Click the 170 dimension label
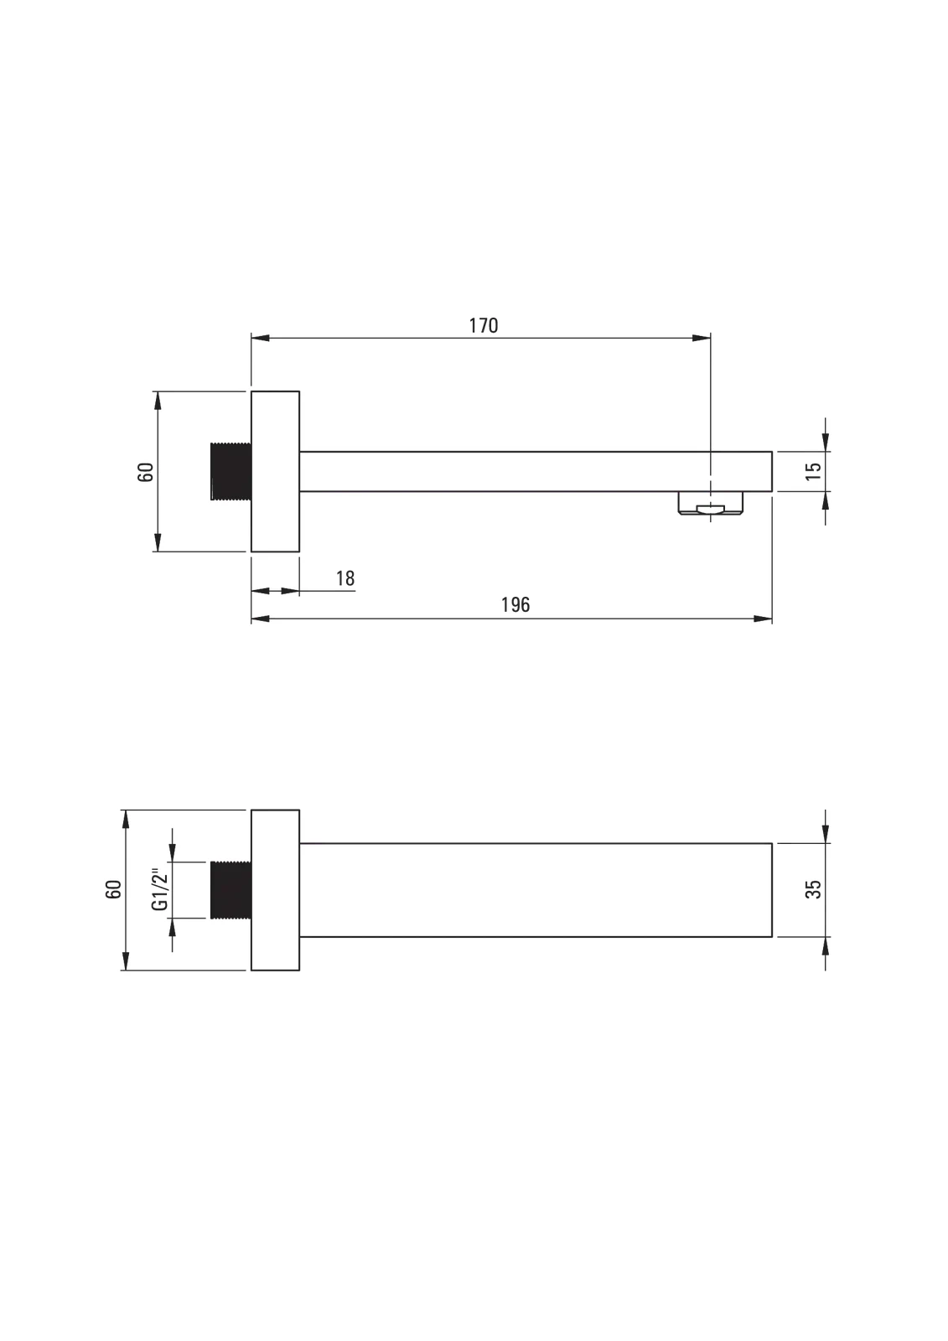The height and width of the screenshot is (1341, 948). click(484, 326)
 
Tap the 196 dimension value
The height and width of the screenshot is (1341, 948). click(515, 604)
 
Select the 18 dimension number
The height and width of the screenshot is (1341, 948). click(345, 578)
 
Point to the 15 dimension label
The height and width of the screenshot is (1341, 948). click(813, 471)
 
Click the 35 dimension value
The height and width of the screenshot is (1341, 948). click(813, 889)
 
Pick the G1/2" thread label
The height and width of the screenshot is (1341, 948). click(160, 889)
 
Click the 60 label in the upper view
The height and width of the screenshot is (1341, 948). click(146, 472)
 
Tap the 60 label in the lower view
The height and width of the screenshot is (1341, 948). click(113, 889)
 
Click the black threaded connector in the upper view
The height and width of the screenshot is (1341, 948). click(231, 471)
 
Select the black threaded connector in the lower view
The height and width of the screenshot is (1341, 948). click(231, 889)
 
